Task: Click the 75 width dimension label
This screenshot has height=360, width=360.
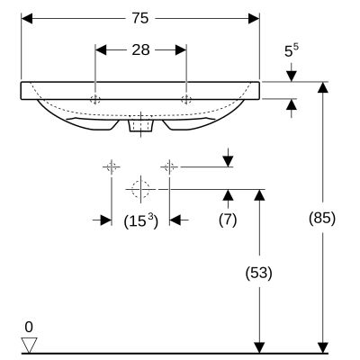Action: pos(139,18)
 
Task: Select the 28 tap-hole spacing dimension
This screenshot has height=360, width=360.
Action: pos(140,50)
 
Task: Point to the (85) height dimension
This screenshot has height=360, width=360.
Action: pos(322,217)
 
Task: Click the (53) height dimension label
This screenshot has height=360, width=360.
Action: pos(258,271)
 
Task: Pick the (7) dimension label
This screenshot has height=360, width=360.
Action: pos(228,219)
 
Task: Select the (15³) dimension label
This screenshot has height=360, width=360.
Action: pos(139,219)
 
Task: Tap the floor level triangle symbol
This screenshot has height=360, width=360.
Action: pos(30,344)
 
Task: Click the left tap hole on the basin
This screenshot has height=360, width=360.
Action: pos(95,97)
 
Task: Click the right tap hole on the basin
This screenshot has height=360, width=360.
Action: pos(185,97)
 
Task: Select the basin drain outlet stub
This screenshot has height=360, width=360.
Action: pos(139,127)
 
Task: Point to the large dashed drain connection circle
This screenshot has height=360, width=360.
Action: pos(139,189)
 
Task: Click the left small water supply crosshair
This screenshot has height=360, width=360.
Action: pos(111,166)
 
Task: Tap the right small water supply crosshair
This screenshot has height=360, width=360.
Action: pos(168,166)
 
